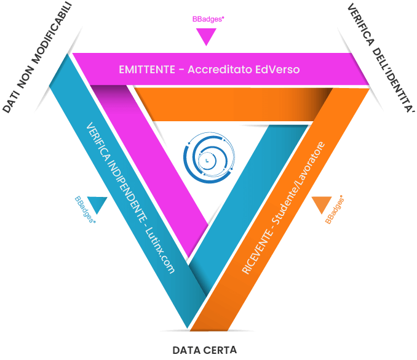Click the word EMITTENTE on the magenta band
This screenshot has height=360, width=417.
point(146,70)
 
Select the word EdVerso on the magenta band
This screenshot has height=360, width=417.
point(277,70)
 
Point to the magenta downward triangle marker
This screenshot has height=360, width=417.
point(206,38)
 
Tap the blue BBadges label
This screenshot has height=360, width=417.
point(85,210)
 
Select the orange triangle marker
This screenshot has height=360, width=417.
point(320,204)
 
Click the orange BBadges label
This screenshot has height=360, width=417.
point(334,210)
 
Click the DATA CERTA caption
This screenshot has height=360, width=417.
point(204,350)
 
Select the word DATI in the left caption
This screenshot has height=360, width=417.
point(11,103)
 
